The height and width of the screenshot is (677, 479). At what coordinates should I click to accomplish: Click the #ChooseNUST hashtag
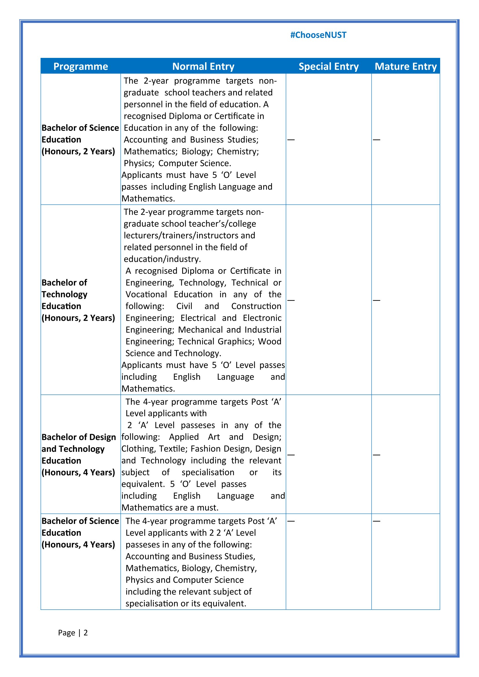click(318, 35)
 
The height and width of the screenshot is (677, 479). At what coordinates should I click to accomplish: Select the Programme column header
click(81, 66)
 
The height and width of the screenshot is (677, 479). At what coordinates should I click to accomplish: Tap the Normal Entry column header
click(203, 66)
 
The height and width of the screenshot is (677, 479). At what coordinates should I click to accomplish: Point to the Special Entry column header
click(329, 66)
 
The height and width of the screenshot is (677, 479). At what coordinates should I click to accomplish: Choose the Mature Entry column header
click(405, 66)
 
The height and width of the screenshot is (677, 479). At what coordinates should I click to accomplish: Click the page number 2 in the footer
click(85, 632)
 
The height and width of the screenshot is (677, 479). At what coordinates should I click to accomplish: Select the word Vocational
click(146, 294)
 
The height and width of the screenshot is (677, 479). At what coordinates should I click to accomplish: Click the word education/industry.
click(162, 259)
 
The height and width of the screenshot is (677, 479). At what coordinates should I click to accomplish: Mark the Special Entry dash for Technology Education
click(291, 300)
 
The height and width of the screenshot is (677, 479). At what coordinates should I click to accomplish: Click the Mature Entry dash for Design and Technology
click(376, 455)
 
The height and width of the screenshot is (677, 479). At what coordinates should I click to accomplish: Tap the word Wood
click(270, 341)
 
